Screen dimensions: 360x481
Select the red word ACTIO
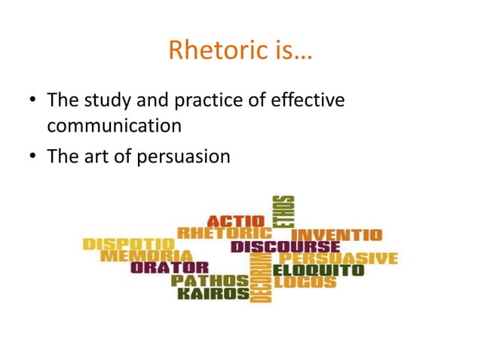tap(236, 221)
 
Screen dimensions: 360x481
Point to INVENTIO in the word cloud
tap(336, 234)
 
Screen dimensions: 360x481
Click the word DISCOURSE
tap(285, 246)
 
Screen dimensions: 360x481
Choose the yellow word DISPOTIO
tap(128, 244)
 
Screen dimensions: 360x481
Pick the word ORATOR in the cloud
tap(169, 268)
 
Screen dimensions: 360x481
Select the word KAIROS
tap(213, 294)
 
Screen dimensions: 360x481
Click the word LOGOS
tap(305, 282)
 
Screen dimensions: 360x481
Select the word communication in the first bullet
tap(114, 125)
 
